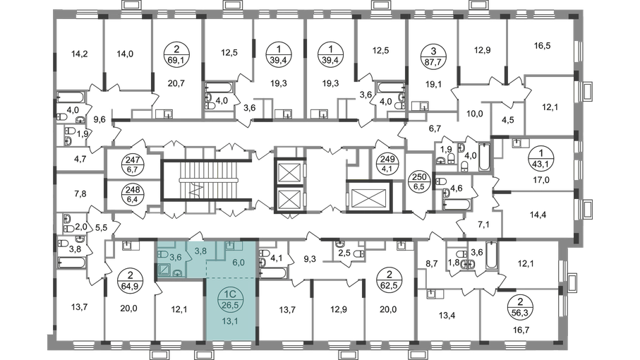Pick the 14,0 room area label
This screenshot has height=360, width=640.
126,53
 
